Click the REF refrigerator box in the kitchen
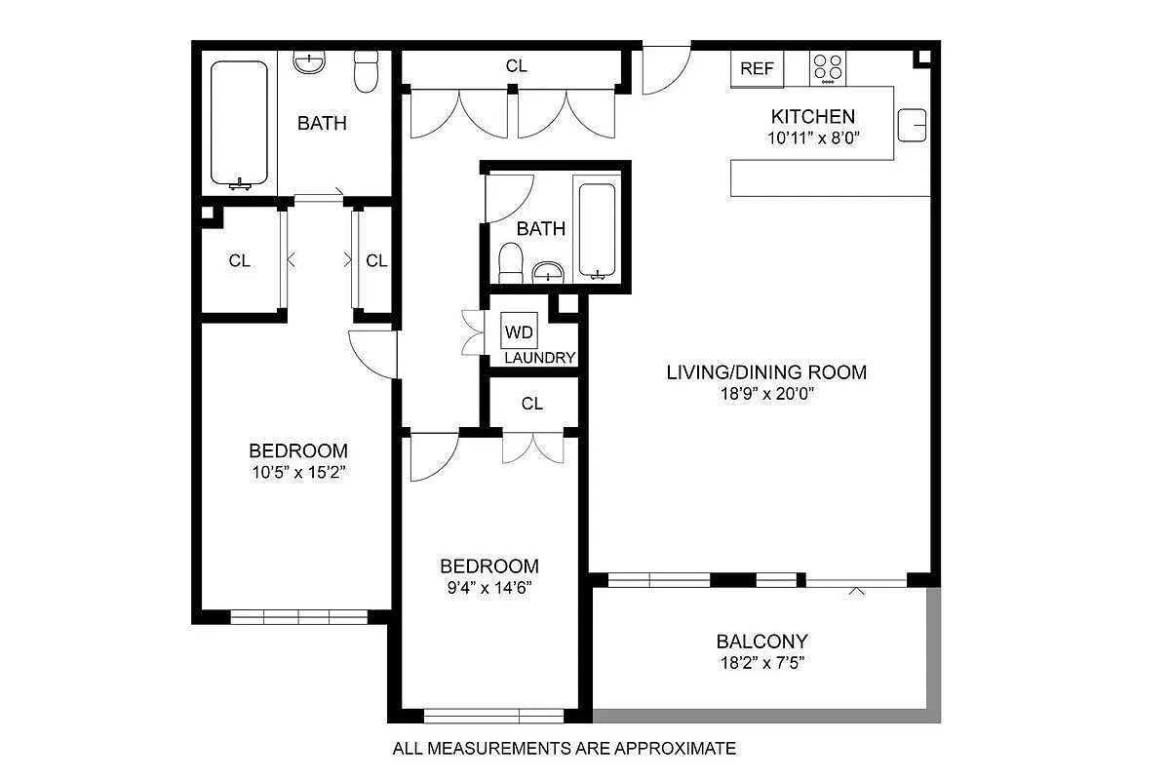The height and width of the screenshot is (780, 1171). click(x=758, y=69)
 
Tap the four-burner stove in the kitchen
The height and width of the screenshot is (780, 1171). click(x=829, y=67)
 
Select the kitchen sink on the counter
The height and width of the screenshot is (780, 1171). click(x=912, y=123)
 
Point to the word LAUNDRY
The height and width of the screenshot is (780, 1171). click(x=539, y=358)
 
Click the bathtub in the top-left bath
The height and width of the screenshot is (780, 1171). click(x=239, y=124)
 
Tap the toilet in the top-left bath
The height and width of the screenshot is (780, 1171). click(x=366, y=72)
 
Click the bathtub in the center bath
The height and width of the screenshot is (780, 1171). click(x=596, y=230)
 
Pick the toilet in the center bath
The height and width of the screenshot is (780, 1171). click(x=511, y=263)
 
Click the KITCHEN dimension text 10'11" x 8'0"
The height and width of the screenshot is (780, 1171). click(x=814, y=138)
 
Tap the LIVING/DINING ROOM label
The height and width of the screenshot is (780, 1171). click(x=766, y=371)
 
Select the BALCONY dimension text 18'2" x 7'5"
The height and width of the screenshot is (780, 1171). click(x=761, y=663)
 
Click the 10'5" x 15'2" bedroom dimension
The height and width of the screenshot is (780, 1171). click(x=297, y=473)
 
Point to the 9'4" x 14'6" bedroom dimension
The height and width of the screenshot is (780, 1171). click(x=488, y=588)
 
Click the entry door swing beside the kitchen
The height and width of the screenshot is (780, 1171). click(x=665, y=70)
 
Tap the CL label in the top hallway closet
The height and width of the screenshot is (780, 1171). click(x=516, y=66)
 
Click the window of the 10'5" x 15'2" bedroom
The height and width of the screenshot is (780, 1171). click(x=297, y=616)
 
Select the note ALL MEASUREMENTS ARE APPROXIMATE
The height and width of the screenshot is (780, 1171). click(x=564, y=749)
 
